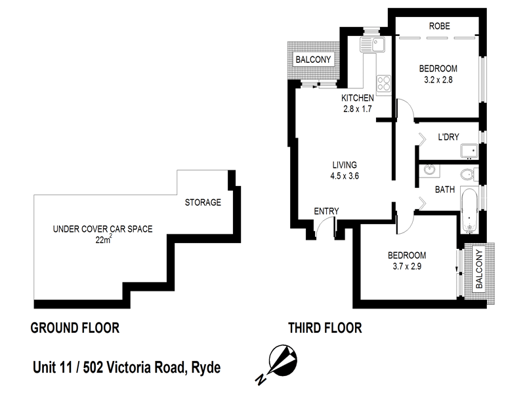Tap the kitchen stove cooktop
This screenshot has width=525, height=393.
point(383,84)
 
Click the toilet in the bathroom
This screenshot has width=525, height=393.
point(469,175)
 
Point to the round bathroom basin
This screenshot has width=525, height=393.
point(429,172)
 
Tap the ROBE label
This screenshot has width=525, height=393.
point(438,27)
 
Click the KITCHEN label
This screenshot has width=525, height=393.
point(357,98)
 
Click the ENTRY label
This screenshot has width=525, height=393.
point(326,210)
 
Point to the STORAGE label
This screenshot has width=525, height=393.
point(202,202)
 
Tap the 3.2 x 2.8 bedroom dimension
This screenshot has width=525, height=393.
point(439,80)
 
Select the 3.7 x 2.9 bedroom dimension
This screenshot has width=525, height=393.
point(407,267)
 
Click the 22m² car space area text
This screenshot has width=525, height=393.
point(102,240)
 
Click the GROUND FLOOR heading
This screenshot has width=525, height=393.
point(75,327)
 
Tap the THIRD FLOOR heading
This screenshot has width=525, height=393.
point(325,327)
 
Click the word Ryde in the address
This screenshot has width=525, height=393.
point(205,367)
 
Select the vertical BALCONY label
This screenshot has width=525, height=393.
point(479,269)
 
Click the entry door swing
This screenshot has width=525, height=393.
point(322,229)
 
